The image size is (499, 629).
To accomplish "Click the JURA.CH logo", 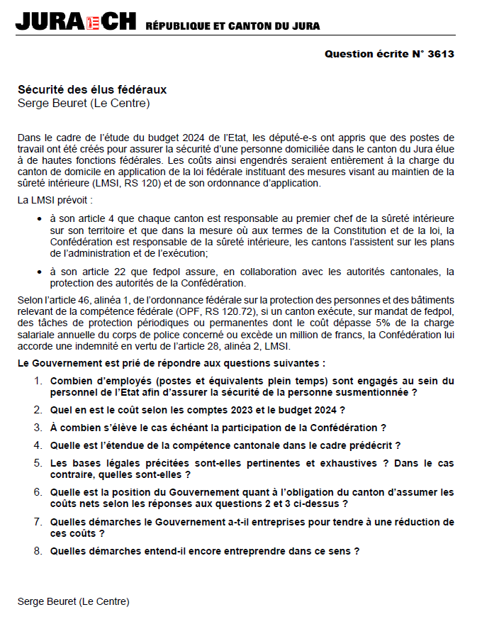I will pyautogui.click(x=74, y=22).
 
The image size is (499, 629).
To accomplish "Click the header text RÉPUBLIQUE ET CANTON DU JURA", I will pyautogui.click(x=232, y=26).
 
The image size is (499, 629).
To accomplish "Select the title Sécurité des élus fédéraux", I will pyautogui.click(x=92, y=90).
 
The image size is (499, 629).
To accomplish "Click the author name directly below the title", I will pyautogui.click(x=84, y=104).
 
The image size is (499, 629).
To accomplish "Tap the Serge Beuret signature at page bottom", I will pyautogui.click(x=74, y=601).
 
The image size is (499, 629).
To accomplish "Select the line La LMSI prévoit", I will pyautogui.click(x=55, y=201).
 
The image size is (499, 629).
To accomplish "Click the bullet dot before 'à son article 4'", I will pyautogui.click(x=40, y=218).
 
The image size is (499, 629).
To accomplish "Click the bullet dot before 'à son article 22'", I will pyautogui.click(x=40, y=272).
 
